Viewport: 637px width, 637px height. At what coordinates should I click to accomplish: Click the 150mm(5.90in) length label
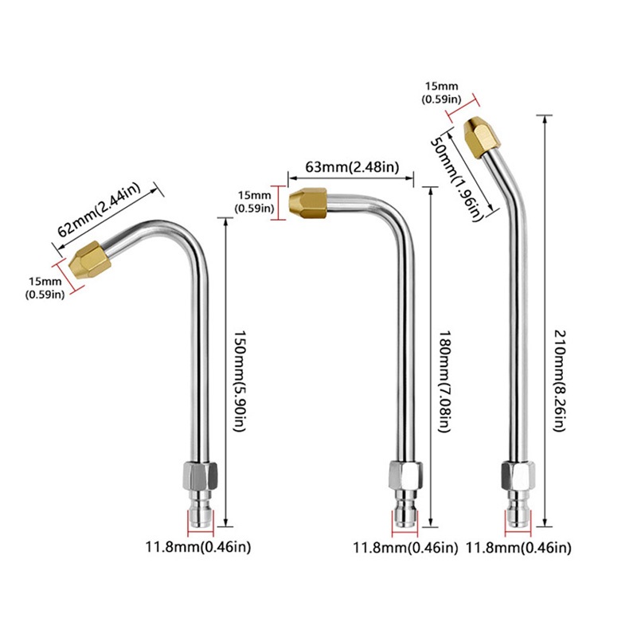(240, 381)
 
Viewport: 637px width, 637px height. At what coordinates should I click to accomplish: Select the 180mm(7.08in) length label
(445, 381)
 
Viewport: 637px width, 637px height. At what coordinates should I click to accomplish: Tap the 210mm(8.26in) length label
(561, 381)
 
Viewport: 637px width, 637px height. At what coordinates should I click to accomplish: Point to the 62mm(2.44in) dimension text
(99, 209)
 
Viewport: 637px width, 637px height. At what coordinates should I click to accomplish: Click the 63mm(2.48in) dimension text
(352, 167)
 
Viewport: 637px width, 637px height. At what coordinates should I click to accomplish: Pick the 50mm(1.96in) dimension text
(455, 178)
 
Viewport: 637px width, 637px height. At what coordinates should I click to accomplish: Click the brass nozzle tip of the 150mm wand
(90, 260)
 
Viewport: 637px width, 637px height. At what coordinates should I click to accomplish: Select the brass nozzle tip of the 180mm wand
(308, 202)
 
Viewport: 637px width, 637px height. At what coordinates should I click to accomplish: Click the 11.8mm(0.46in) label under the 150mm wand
(198, 547)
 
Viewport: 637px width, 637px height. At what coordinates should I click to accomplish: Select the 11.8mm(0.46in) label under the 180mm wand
(405, 548)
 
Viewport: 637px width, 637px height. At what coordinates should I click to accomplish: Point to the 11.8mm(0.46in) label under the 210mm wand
(518, 548)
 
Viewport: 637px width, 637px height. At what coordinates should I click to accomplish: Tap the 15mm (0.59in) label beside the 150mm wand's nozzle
(45, 287)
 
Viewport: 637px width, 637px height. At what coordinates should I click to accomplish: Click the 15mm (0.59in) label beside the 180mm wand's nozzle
(254, 202)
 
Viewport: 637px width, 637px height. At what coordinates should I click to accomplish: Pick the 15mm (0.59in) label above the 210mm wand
(442, 92)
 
